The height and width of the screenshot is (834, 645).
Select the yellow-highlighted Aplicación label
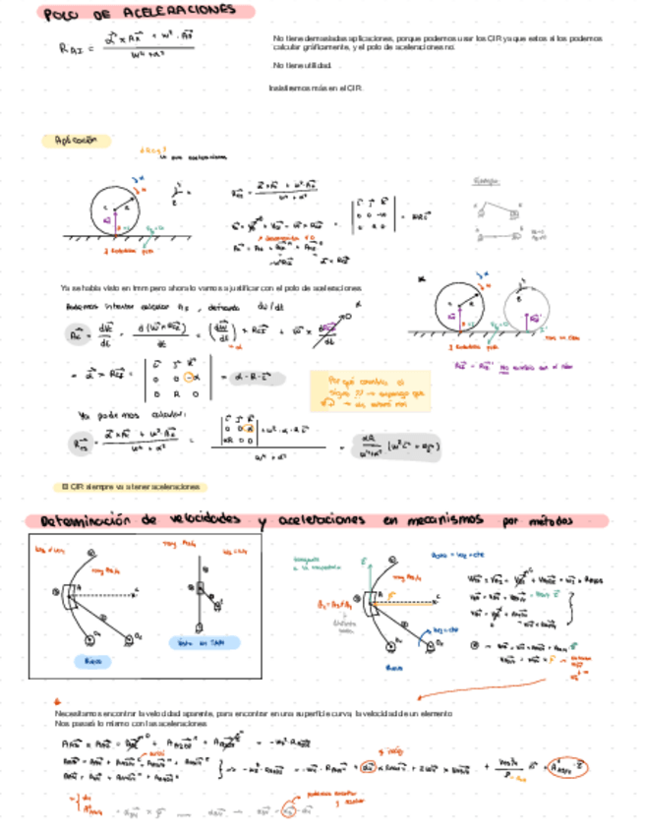[76, 141]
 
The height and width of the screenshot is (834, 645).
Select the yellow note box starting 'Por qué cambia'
[370, 389]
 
